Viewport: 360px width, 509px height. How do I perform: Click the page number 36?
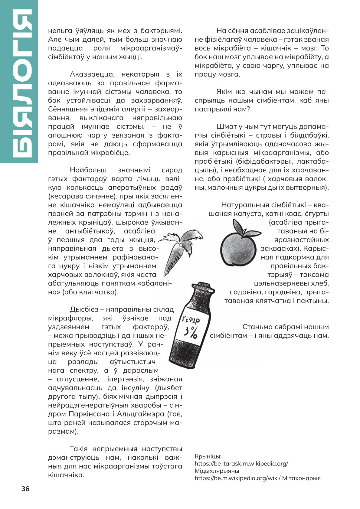point(25,489)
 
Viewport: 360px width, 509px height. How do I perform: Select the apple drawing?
point(237,250)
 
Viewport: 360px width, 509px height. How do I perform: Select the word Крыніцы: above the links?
point(208,456)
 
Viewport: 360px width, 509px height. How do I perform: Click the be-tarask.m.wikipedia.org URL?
point(241,464)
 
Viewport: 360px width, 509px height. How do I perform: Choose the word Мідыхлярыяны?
point(217,471)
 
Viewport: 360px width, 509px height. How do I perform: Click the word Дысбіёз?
point(84,309)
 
